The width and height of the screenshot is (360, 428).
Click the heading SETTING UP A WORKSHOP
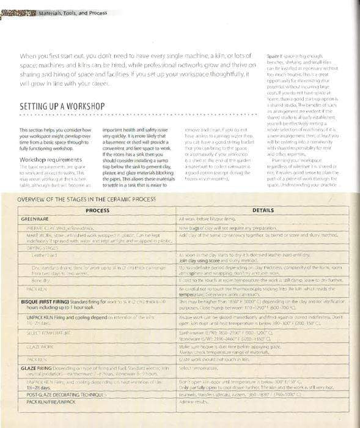[x=62, y=106]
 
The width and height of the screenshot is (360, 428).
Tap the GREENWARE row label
[x=35, y=218]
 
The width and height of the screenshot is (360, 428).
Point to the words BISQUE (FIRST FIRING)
[x=46, y=302]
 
